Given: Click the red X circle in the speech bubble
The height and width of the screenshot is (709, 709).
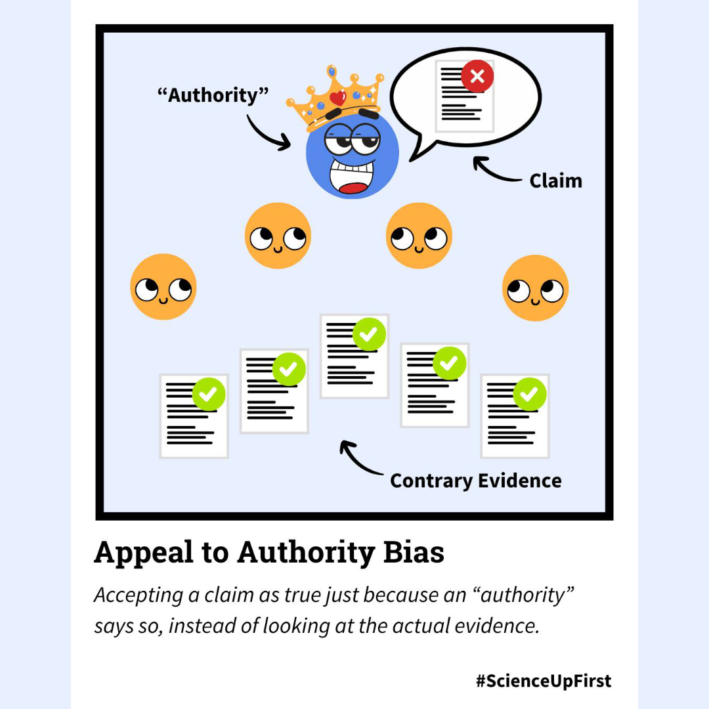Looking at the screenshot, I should pos(477,77).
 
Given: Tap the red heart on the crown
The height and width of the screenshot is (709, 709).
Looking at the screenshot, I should pos(337,98).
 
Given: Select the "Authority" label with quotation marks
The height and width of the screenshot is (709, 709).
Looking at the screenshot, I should pos(213,95).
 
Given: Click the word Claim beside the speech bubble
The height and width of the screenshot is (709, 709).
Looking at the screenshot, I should pos(555,181).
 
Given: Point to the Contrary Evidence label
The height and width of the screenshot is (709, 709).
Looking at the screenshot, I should pos(475,481).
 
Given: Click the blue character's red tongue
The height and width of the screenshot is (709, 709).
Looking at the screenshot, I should pos(354,188).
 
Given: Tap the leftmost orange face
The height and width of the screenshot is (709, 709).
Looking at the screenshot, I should pos(163,287).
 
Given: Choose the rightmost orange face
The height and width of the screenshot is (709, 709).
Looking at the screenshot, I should pos(535,288).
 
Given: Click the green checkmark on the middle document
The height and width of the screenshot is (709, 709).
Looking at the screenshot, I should pos(369,334).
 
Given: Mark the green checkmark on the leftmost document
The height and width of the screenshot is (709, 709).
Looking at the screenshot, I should pos(209,395).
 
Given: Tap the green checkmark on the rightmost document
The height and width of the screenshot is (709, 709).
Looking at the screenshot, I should pos(529,394).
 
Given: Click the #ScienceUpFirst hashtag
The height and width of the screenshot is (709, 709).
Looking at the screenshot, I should pos(544,681).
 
